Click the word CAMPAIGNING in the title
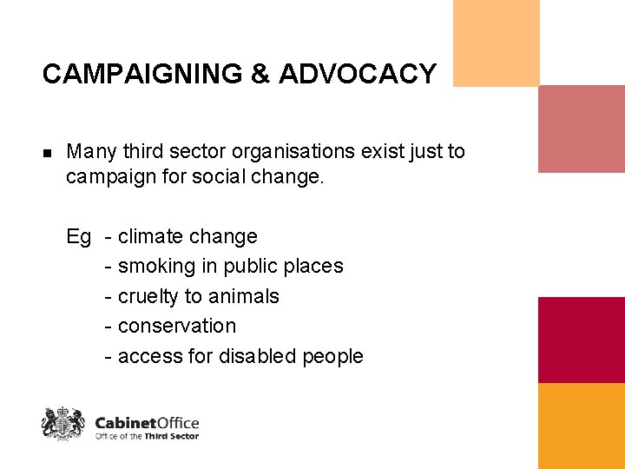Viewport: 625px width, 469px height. tap(142, 75)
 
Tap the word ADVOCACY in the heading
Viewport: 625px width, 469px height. tap(358, 75)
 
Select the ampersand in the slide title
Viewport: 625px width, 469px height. tap(260, 75)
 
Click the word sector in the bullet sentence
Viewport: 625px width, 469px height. tap(199, 151)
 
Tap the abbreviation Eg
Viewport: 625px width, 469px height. tap(78, 236)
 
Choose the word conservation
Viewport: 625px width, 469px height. tap(177, 326)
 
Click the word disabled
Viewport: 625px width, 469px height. tap(258, 356)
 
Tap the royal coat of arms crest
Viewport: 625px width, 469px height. tap(63, 423)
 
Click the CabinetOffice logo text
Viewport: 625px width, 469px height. tap(147, 422)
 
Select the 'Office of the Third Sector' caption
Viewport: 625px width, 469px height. tap(147, 436)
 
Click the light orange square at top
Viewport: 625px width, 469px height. tap(496, 43)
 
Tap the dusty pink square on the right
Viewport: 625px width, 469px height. tap(581, 129)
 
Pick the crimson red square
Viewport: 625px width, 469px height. tap(581, 340)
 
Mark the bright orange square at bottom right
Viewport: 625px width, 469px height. tap(581, 426)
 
